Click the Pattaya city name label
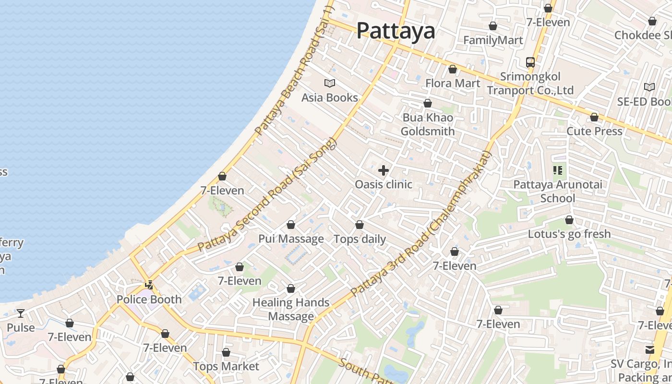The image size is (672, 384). click(x=396, y=31)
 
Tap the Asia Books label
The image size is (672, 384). click(x=329, y=98)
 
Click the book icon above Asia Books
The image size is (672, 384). click(x=329, y=84)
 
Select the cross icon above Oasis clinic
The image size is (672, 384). click(x=383, y=170)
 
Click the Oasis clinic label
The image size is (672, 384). click(x=383, y=184)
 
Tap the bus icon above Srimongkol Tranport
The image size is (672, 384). click(x=530, y=62)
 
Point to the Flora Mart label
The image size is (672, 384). click(x=452, y=84)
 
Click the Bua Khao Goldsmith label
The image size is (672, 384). click(x=427, y=124)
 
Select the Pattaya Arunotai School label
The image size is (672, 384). click(x=557, y=191)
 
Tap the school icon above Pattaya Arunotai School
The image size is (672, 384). click(x=557, y=170)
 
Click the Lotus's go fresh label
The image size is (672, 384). click(x=569, y=234)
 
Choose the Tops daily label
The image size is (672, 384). click(x=359, y=239)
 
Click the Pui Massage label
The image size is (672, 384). click(x=291, y=239)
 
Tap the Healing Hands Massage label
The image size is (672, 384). click(x=291, y=309)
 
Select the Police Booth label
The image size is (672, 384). click(x=149, y=300)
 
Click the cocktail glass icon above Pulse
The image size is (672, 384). click(x=20, y=313)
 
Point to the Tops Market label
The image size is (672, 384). click(x=226, y=367)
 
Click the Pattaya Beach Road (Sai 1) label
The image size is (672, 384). click(x=293, y=71)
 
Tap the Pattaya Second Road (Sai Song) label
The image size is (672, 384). click(x=268, y=195)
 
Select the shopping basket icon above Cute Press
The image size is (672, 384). click(x=594, y=117)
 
